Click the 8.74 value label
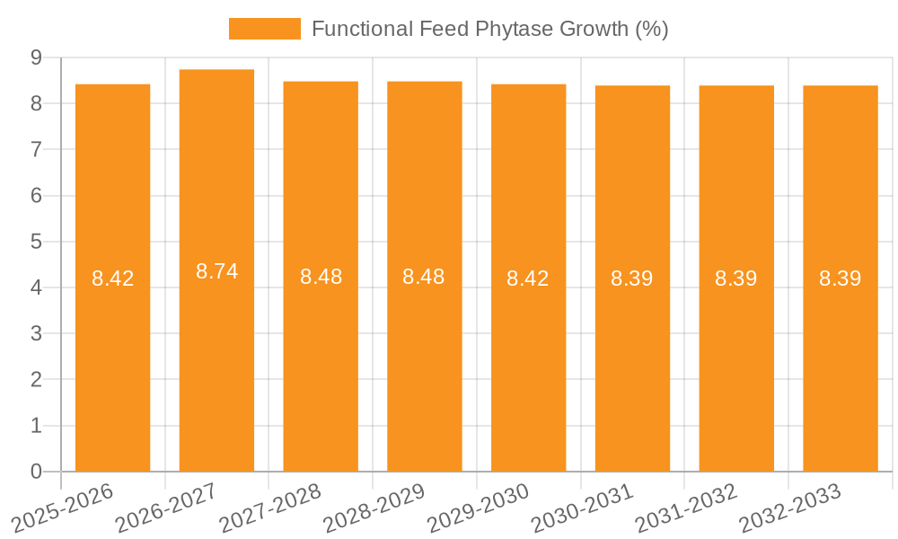[216, 271]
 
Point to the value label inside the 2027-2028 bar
[321, 277]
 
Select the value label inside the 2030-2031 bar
[632, 278]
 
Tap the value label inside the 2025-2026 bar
[112, 278]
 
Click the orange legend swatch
[265, 29]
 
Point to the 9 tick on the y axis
[36, 57]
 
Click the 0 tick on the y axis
[36, 472]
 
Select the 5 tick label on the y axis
[36, 242]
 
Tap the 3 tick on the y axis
[36, 334]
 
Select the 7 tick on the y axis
[36, 149]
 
